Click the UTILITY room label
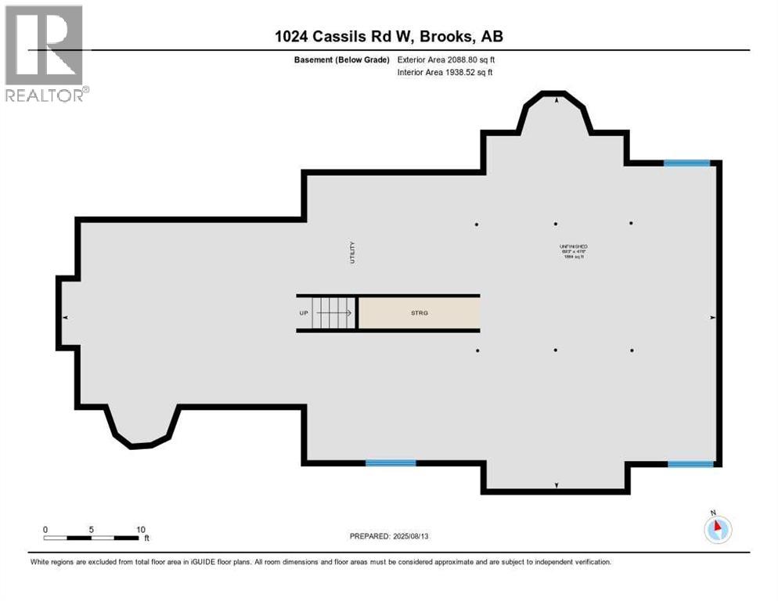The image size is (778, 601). pyautogui.click(x=352, y=252)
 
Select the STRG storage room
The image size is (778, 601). pyautogui.click(x=419, y=313)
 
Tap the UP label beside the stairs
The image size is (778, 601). pyautogui.click(x=304, y=313)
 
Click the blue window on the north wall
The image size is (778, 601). pyautogui.click(x=686, y=164)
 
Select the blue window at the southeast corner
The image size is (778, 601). pyautogui.click(x=690, y=464)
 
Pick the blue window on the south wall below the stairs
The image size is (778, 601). pyautogui.click(x=391, y=463)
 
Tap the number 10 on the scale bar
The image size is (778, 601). pyautogui.click(x=141, y=529)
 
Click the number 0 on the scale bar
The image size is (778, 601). pyautogui.click(x=45, y=529)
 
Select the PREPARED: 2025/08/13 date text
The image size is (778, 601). pyautogui.click(x=389, y=536)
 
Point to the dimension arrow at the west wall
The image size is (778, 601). pyautogui.click(x=65, y=317)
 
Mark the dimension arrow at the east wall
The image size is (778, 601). pyautogui.click(x=712, y=317)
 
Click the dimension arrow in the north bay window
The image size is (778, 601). pyautogui.click(x=556, y=100)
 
